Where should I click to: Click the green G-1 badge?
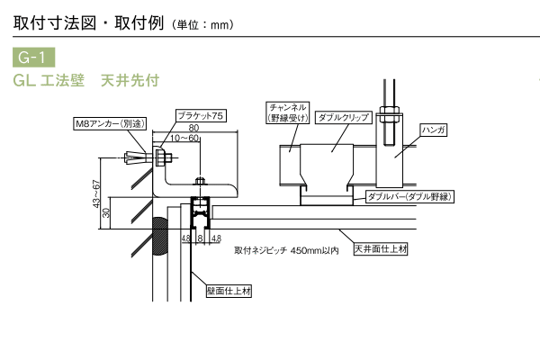[32, 58]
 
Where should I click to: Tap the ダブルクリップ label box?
[339, 118]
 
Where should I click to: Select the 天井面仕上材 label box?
[380, 248]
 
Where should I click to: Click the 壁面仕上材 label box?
[229, 291]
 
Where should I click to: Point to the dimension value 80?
[194, 129]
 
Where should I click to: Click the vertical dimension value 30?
[106, 212]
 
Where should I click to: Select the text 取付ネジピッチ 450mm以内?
[285, 251]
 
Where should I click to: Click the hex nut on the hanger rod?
[391, 113]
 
